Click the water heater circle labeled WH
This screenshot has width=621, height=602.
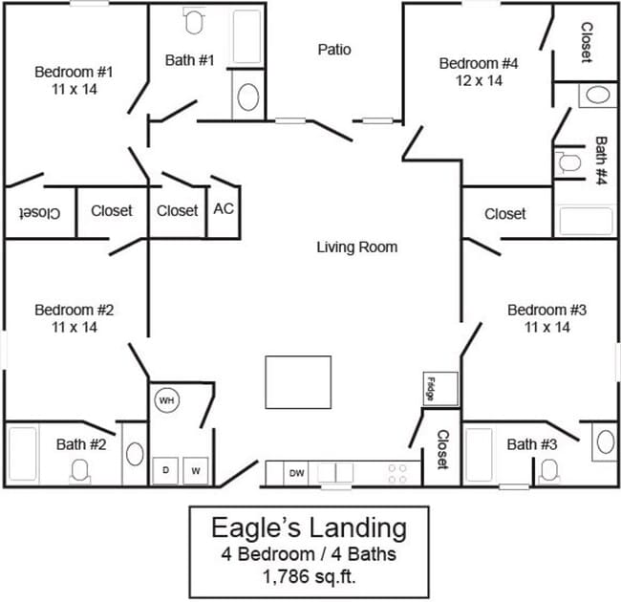[x=166, y=400]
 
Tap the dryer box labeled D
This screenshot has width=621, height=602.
[x=166, y=470]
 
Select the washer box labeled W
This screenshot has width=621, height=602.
[x=196, y=470]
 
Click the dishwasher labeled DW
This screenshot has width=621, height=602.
[x=297, y=472]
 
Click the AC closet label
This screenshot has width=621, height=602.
[x=224, y=208]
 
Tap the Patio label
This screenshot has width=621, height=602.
[x=334, y=49]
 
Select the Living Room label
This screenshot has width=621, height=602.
[x=356, y=247]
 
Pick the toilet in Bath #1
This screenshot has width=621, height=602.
[x=194, y=21]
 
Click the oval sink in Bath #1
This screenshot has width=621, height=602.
[x=247, y=97]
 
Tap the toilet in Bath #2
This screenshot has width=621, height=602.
[x=80, y=468]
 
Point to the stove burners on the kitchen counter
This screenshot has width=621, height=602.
[x=396, y=473]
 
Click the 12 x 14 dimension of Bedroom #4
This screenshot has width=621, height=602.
[x=478, y=81]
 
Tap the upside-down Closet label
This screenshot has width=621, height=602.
[x=38, y=211]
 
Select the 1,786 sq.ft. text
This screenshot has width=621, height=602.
[x=309, y=576]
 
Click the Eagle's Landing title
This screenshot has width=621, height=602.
[x=309, y=527]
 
